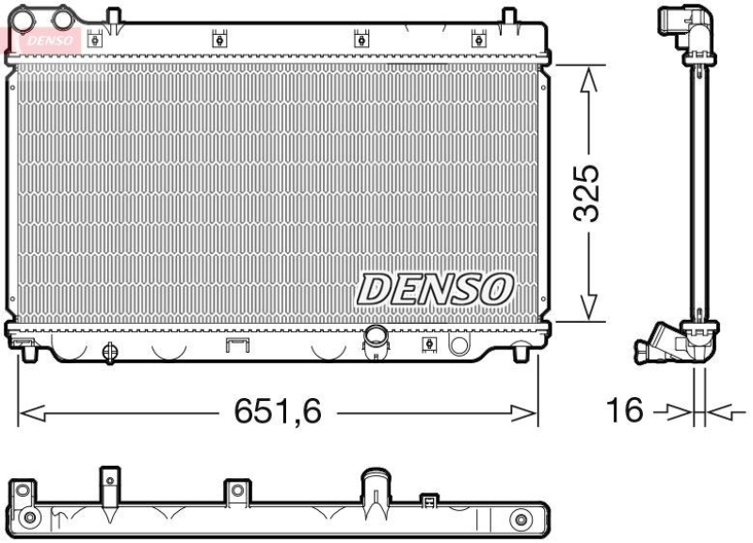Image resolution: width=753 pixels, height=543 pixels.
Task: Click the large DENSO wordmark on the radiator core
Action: click(434, 288)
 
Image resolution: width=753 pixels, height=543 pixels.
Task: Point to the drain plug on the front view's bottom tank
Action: click(108, 352)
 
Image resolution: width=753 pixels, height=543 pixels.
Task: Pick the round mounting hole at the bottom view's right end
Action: click(520, 519)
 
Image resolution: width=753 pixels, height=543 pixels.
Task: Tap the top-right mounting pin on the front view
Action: click(509, 16)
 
